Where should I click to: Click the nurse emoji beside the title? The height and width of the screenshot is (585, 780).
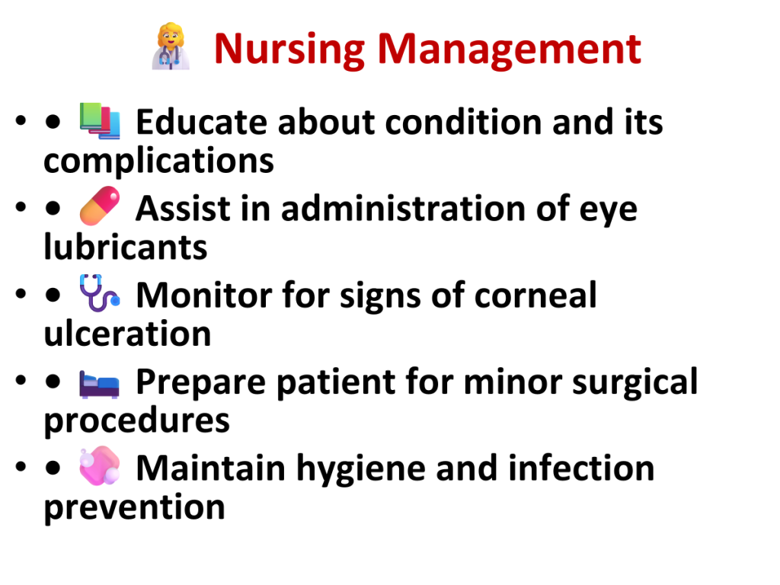(x=171, y=46)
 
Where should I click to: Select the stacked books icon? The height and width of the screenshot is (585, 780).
(x=100, y=120)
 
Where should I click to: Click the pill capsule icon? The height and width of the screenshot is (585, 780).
(x=100, y=206)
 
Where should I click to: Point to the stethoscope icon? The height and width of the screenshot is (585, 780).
(x=100, y=292)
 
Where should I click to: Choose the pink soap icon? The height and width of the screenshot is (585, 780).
(x=100, y=465)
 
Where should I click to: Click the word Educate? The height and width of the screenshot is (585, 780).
(x=201, y=122)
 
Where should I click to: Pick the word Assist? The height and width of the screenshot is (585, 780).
(x=183, y=208)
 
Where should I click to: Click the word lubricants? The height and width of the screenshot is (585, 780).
(x=126, y=247)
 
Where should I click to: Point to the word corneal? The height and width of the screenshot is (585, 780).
(x=535, y=295)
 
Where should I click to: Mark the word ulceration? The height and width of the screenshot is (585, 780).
(x=127, y=334)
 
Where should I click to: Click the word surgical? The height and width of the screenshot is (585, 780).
(x=635, y=382)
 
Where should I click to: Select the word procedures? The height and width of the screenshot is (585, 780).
(x=137, y=420)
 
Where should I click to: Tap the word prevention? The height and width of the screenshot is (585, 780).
(x=134, y=507)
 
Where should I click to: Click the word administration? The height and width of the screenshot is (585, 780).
(x=404, y=208)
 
